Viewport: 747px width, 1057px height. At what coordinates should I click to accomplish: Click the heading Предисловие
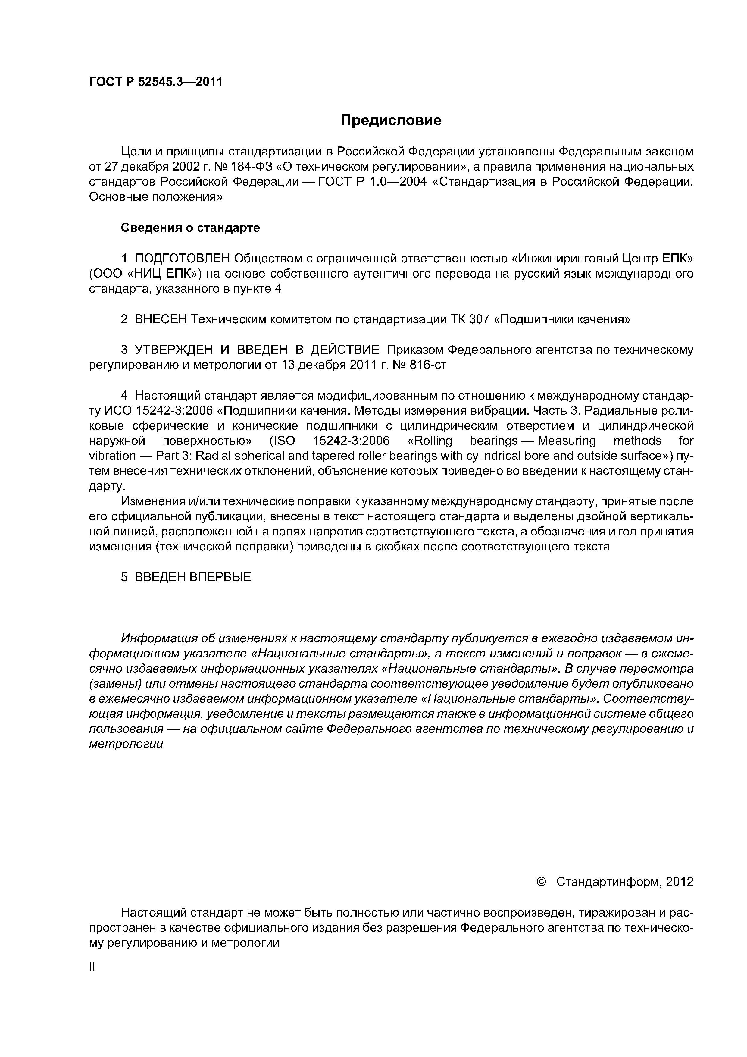pyautogui.click(x=391, y=120)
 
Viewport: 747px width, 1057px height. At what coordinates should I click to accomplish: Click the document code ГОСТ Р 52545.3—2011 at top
pyautogui.click(x=155, y=82)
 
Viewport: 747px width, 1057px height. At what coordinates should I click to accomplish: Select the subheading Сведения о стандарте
pyautogui.click(x=190, y=227)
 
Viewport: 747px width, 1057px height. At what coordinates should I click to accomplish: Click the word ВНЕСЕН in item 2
pyautogui.click(x=161, y=319)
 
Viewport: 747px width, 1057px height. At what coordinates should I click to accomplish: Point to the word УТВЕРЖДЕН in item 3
pyautogui.click(x=174, y=350)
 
